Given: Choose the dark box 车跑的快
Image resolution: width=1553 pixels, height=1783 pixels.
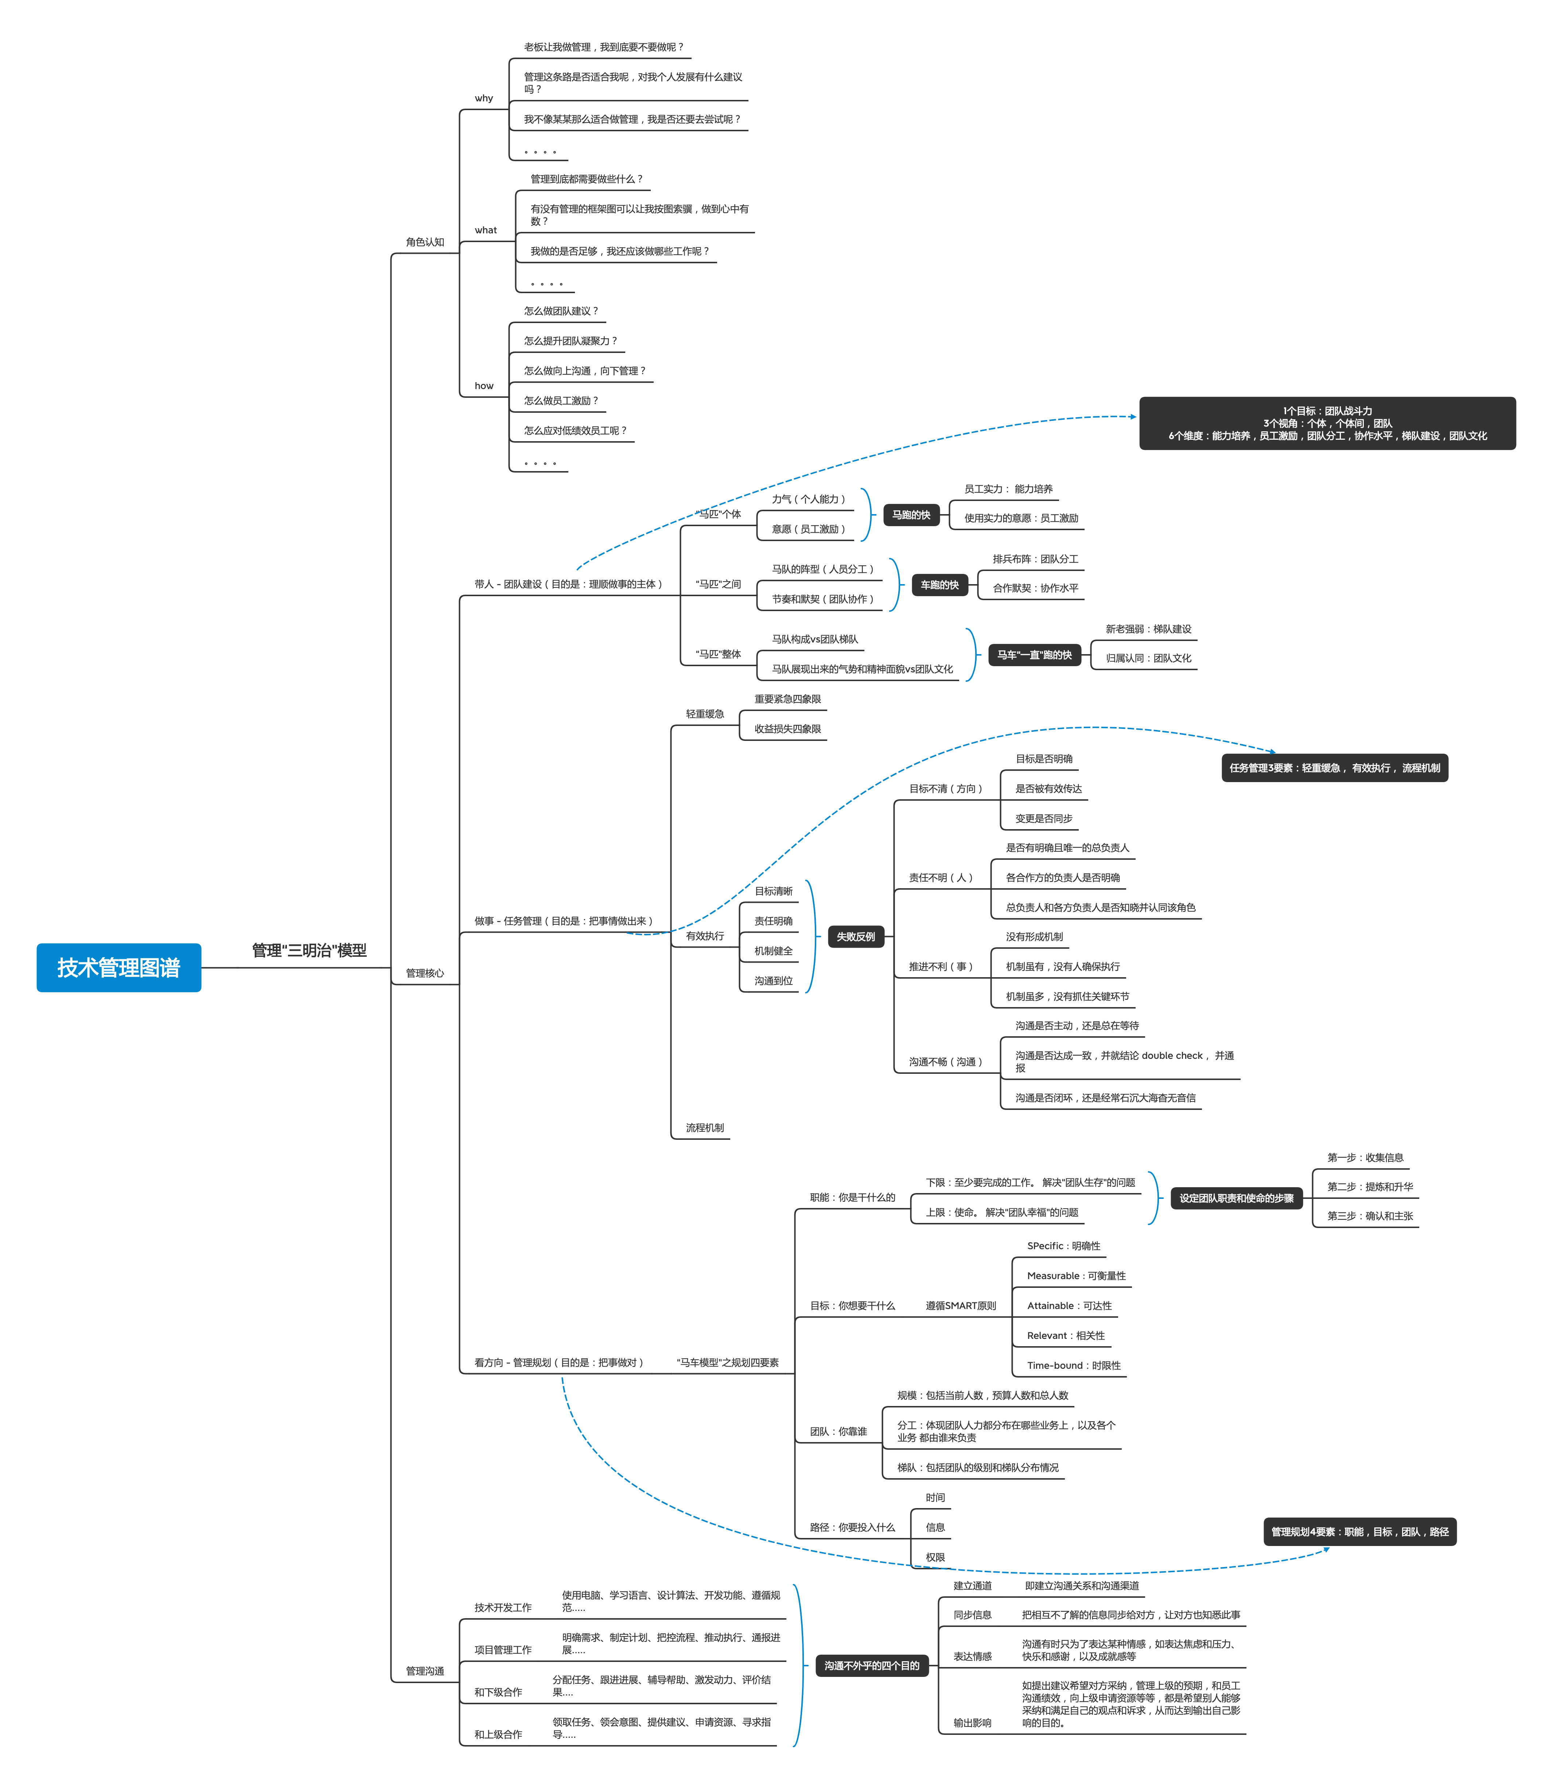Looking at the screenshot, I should coord(939,585).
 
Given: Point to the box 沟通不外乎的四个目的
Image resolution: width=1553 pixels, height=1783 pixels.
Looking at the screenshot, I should coord(872,1665).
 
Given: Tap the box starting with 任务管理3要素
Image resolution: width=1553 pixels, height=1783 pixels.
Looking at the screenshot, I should coord(1335,768).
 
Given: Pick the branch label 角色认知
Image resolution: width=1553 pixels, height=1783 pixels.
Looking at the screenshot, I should coord(425,242).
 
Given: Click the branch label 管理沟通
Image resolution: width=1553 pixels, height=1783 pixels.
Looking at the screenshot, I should coord(425,1670).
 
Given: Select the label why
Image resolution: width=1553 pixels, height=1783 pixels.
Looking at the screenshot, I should coord(483,98).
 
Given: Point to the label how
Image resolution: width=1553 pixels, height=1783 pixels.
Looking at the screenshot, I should coord(483,386).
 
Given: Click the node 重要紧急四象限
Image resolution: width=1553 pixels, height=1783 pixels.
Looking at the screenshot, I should coord(787,699).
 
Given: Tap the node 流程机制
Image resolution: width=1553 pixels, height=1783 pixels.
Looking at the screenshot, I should coord(705,1128).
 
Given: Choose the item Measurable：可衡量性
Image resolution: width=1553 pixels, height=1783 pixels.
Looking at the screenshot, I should coord(1077,1276).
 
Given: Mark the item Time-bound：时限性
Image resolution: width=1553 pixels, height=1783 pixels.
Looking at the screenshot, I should coord(1074,1365).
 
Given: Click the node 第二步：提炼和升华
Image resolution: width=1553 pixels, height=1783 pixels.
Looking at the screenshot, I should coord(1370,1186).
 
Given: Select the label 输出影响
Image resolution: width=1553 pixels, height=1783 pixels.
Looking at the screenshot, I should coord(972,1722).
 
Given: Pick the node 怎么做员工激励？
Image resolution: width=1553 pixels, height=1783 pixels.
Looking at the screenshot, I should coord(561,400).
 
